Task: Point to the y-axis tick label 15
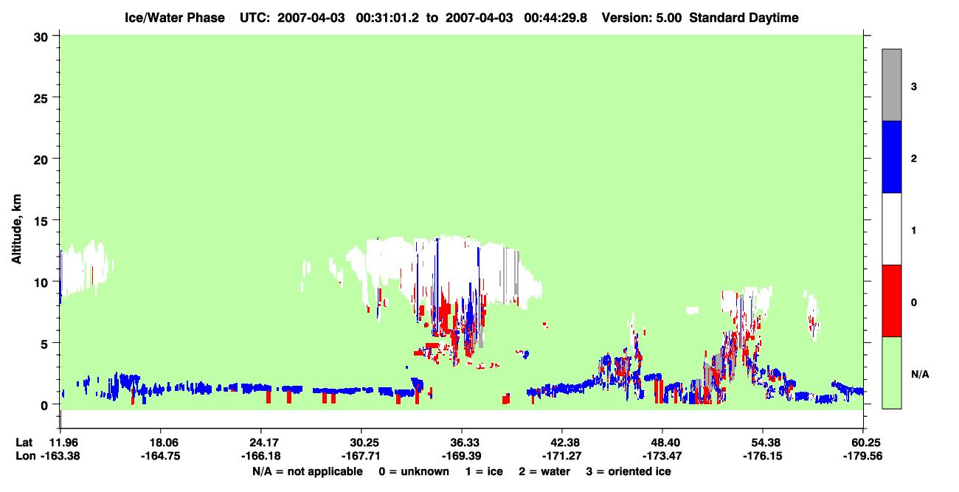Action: pyautogui.click(x=41, y=221)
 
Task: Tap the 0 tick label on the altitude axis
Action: pyautogui.click(x=44, y=406)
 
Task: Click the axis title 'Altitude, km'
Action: pyautogui.click(x=16, y=229)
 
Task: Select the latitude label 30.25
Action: pyautogui.click(x=361, y=443)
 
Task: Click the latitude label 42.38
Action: pyautogui.click(x=561, y=443)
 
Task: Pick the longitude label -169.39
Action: pyautogui.click(x=462, y=456)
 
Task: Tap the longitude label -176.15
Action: pyautogui.click(x=763, y=456)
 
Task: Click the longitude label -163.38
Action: pyautogui.click(x=60, y=456)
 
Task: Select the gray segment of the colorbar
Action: pyautogui.click(x=892, y=85)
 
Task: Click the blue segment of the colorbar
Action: pyautogui.click(x=892, y=156)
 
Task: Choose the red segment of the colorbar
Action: pyautogui.click(x=892, y=301)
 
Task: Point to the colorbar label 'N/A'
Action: pyautogui.click(x=920, y=375)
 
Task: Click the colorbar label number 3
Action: pyautogui.click(x=914, y=87)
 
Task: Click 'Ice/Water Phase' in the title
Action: pyautogui.click(x=175, y=18)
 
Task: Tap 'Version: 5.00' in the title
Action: pyautogui.click(x=642, y=18)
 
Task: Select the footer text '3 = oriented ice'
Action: pyautogui.click(x=629, y=471)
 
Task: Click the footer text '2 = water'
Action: pyautogui.click(x=544, y=471)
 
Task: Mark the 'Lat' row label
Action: pyautogui.click(x=24, y=443)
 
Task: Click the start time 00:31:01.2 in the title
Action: pyautogui.click(x=387, y=18)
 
